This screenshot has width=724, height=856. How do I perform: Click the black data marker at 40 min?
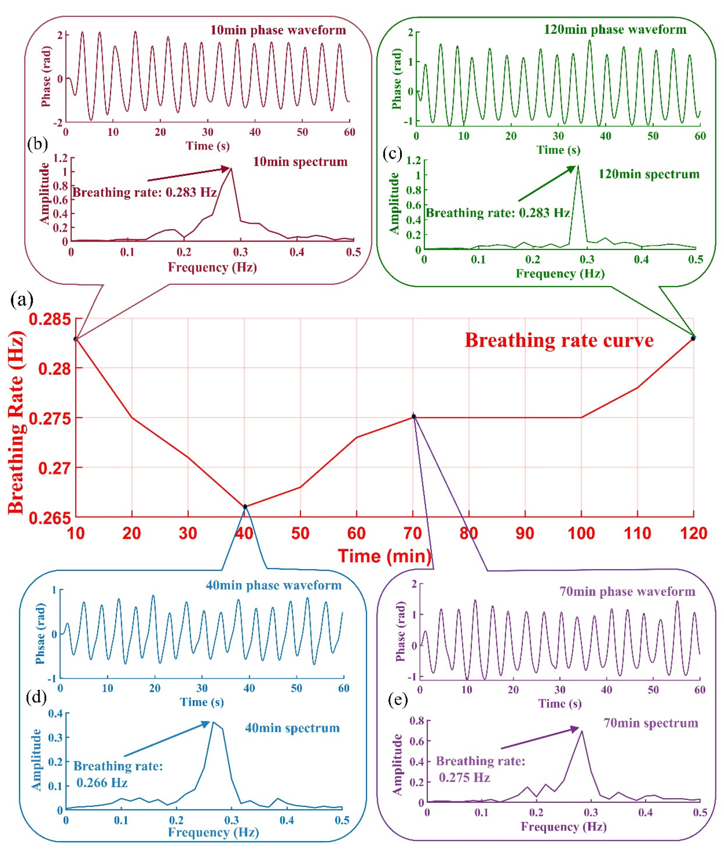point(245,506)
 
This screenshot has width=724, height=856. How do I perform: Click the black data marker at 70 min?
point(414,417)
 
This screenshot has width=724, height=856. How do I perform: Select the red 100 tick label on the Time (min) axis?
point(581,533)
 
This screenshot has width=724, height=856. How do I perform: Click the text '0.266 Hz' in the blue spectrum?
point(102,783)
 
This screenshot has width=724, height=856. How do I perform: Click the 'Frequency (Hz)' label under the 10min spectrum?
point(212,267)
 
